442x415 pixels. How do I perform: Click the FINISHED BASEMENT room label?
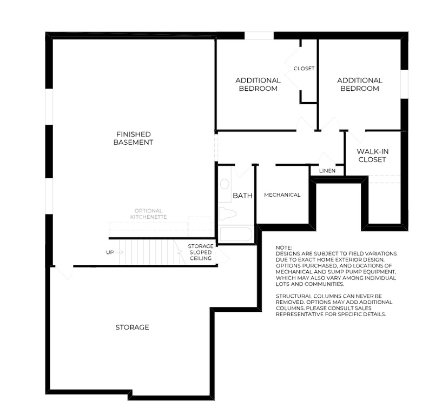coord(133,138)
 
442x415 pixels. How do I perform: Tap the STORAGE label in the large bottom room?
coord(132,327)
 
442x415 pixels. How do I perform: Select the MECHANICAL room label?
coord(282,195)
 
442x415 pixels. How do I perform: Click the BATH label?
coord(242,196)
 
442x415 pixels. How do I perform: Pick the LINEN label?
coord(327,171)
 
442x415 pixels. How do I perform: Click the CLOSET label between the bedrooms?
coord(304,69)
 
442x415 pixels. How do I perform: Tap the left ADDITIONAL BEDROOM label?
coord(258,84)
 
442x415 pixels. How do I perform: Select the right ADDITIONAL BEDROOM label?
coord(360,84)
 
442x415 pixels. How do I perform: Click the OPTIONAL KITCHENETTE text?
coord(148,213)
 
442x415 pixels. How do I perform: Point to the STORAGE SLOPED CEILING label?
coord(200,252)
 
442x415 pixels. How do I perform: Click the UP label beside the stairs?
coord(110,252)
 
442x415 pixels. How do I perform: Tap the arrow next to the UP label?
coord(120,252)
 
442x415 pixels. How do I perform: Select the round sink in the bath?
coord(225,184)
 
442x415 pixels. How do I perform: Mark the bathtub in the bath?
coord(235,235)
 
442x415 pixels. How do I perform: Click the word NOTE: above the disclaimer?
coord(283,247)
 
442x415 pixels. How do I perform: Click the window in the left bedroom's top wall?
coord(259,36)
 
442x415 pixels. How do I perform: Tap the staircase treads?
coord(151,252)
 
